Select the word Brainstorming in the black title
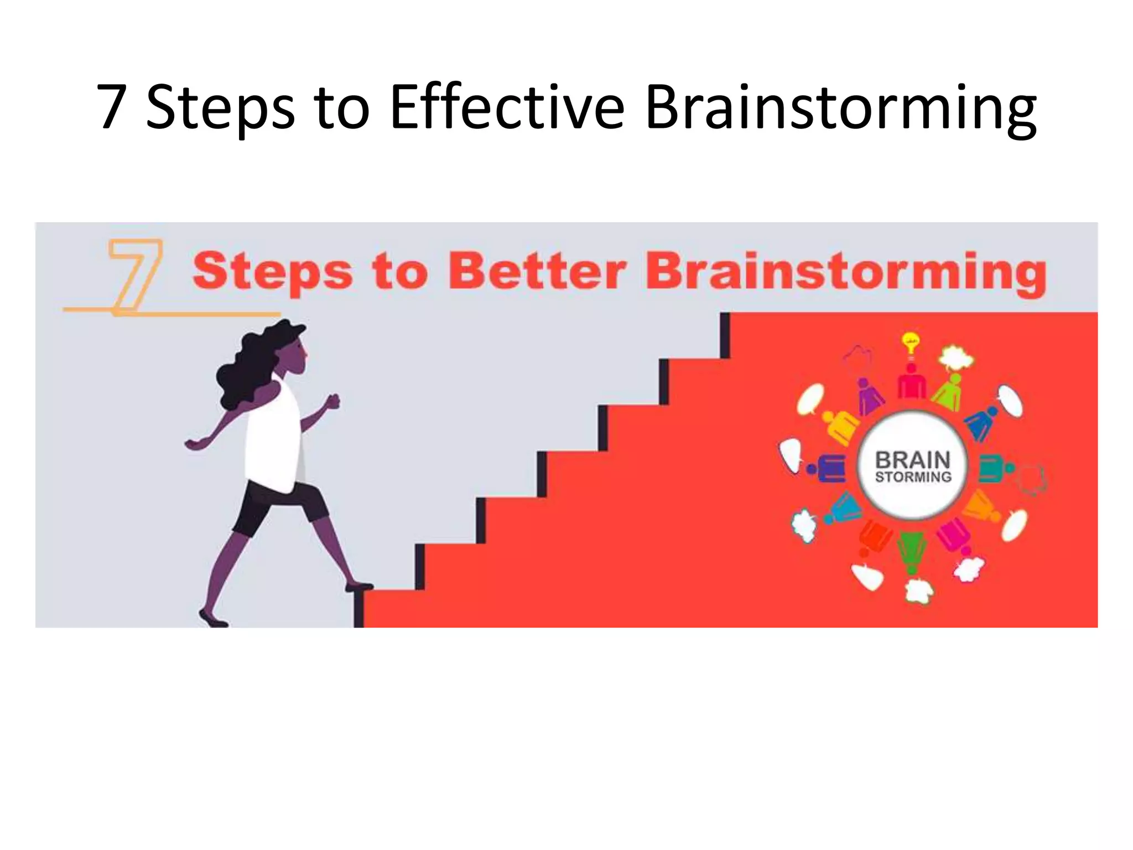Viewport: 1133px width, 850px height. pos(840,108)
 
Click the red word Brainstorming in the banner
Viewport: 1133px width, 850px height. pos(846,272)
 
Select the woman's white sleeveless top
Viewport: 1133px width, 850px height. pos(271,443)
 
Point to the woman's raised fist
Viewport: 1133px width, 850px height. pos(332,401)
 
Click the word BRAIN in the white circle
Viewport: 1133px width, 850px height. pos(913,460)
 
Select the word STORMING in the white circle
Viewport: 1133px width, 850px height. pos(913,477)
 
